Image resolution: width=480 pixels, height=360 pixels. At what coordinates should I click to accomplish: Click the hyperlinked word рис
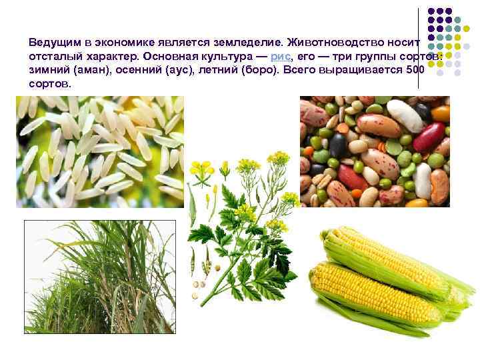pyautogui.click(x=278, y=56)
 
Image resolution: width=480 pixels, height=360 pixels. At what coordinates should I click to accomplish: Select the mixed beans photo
pyautogui.click(x=374, y=151)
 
